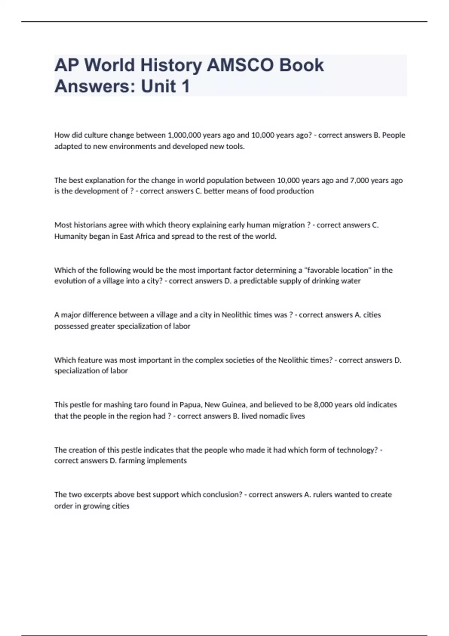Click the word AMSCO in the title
pyautogui.click(x=240, y=65)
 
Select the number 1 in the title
pyautogui.click(x=185, y=86)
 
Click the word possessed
pyautogui.click(x=71, y=326)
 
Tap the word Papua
pyautogui.click(x=190, y=405)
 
